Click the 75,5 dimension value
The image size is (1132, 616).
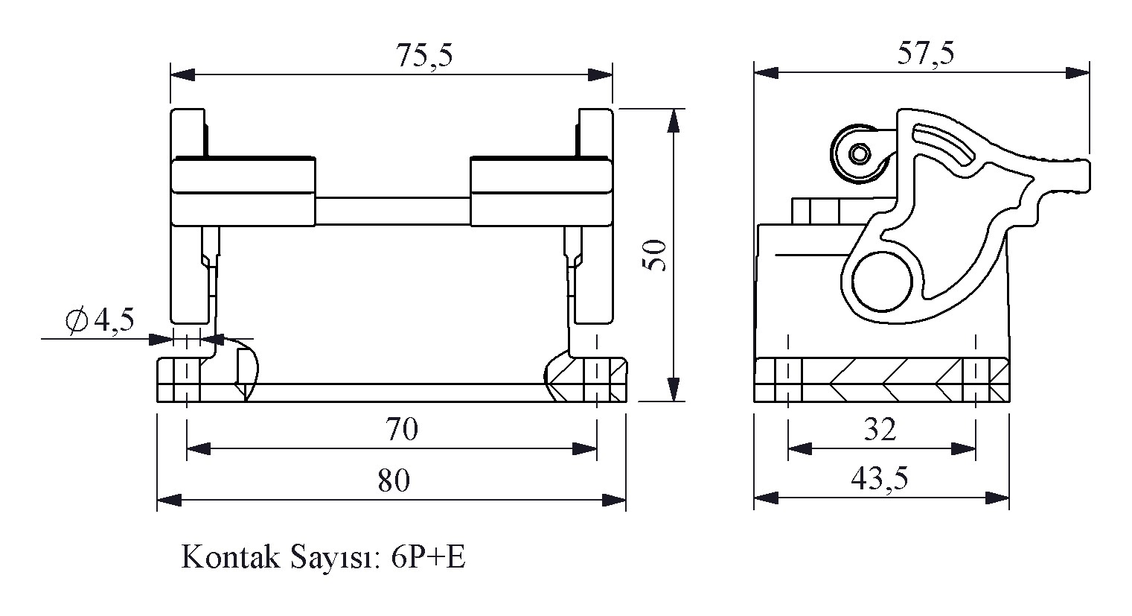pyautogui.click(x=424, y=57)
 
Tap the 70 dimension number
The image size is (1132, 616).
pyautogui.click(x=401, y=430)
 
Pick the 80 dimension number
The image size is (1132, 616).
pyautogui.click(x=393, y=481)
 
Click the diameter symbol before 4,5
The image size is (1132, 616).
pyautogui.click(x=76, y=321)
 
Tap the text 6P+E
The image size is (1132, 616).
pyautogui.click(x=427, y=558)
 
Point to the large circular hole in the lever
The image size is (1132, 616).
pyautogui.click(x=882, y=282)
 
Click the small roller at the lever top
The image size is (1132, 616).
pyautogui.click(x=860, y=155)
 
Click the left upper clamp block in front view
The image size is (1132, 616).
pyautogui.click(x=243, y=191)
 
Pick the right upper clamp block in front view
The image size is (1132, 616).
pyautogui.click(x=541, y=191)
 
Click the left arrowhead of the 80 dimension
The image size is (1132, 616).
pyautogui.click(x=169, y=499)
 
